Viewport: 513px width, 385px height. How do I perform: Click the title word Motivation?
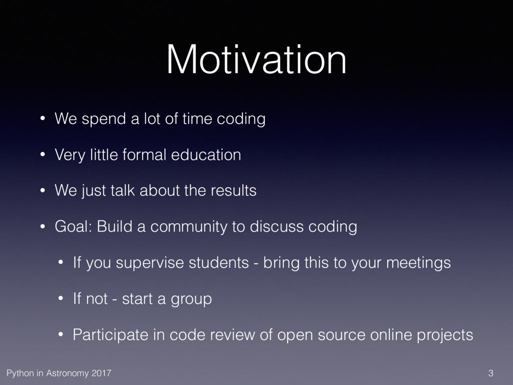coord(256,60)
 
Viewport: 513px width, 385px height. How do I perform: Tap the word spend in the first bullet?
coord(104,119)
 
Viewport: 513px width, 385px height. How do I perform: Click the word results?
coord(233,190)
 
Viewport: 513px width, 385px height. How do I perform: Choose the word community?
coord(189,227)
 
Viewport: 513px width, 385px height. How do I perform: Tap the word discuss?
coord(277,226)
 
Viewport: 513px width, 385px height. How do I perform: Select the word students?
coord(219,262)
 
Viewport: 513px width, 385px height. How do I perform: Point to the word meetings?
coord(418,263)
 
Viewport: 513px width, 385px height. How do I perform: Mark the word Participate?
coord(111,335)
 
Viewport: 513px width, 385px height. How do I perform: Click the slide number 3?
coord(490,373)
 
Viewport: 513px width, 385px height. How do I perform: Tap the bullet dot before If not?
coord(61,299)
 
